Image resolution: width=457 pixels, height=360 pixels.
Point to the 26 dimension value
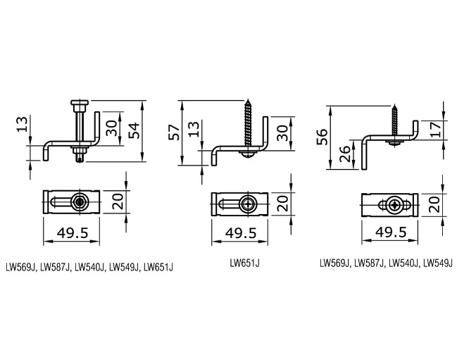(345, 152)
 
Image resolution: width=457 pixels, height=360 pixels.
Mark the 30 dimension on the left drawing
(111, 128)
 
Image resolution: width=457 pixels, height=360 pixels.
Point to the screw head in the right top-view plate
(399, 205)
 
